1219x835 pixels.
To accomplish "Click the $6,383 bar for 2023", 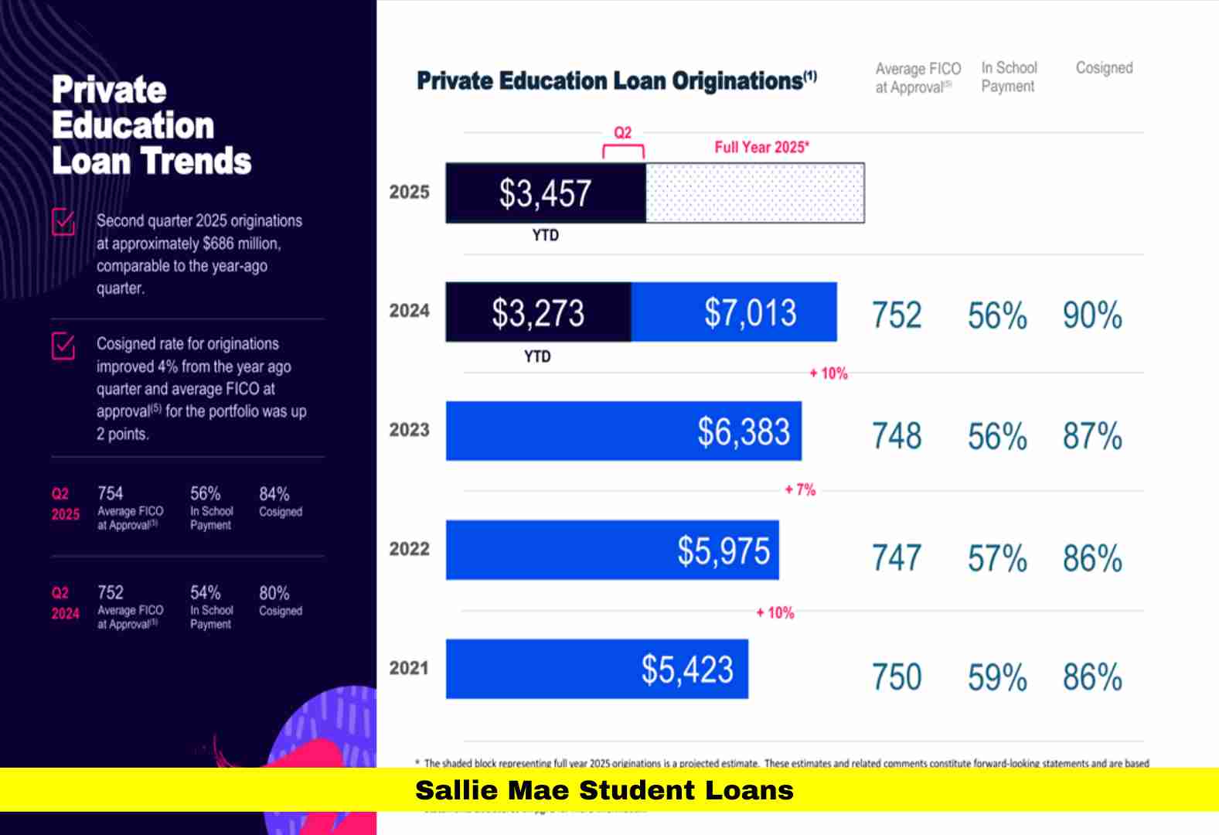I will (623, 431).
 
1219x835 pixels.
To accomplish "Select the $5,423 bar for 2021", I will (597, 669).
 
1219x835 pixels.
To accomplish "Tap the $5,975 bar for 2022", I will (612, 550).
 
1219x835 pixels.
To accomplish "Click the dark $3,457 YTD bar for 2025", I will (545, 193).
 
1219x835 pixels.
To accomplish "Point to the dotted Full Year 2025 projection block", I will (754, 193).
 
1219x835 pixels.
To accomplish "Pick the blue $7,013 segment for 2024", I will (734, 312).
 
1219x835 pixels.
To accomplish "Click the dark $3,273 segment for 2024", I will (538, 312).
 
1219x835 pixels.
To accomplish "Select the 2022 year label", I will (409, 549).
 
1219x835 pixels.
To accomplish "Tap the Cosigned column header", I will (1104, 68).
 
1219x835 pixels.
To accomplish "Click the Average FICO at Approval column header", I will (918, 77).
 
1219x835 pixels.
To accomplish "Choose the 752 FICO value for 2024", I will (897, 315).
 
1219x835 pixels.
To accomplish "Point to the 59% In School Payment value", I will (997, 677).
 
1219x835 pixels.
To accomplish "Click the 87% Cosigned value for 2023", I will (1092, 436).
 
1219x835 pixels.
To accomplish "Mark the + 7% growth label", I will (800, 489).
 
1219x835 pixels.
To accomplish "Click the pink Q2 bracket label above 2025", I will (622, 133).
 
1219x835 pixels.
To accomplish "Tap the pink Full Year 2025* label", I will (761, 147).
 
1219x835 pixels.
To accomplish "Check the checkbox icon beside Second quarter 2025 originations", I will (63, 222).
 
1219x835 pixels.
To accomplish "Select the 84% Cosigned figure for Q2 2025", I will (274, 494).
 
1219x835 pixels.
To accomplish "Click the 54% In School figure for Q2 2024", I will (206, 593).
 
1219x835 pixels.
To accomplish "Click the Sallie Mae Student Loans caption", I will (604, 790).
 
